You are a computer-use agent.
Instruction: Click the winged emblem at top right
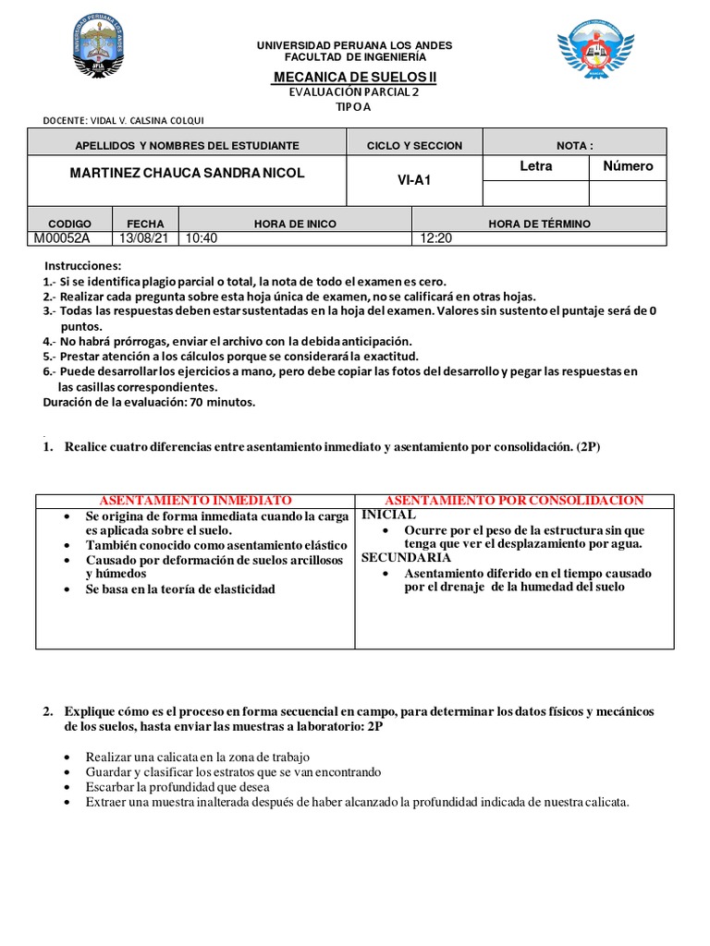(595, 52)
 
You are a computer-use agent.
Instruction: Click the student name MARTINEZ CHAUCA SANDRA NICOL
(187, 174)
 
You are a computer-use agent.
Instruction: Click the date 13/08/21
(144, 237)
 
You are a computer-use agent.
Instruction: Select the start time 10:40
(201, 237)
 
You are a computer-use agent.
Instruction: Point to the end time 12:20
(435, 237)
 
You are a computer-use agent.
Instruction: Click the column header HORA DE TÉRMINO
(539, 224)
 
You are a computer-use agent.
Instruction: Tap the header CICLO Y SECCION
(414, 146)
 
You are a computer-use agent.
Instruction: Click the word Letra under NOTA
(536, 166)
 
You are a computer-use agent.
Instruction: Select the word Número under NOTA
(628, 166)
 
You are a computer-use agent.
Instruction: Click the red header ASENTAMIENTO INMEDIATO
(195, 500)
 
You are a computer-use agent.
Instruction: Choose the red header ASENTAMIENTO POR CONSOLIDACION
(514, 500)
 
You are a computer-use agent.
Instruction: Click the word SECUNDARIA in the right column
(406, 558)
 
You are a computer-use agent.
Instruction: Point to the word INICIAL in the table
(388, 515)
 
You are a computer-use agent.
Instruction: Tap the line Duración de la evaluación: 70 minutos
(149, 402)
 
